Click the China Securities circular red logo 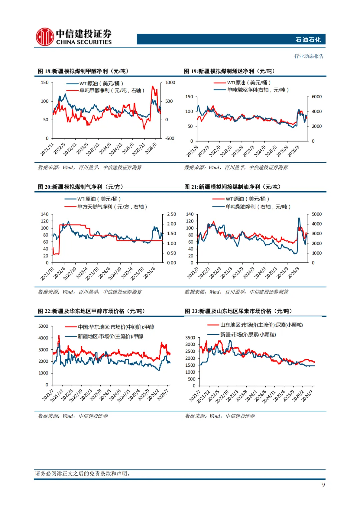[45, 37]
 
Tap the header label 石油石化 [308, 40]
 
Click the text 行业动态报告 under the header [309, 56]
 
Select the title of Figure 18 [83, 71]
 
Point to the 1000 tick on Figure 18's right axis [170, 83]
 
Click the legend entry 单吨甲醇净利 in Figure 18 [112, 91]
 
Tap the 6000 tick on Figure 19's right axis [317, 97]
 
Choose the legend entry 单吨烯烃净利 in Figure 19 [258, 90]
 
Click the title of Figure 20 [81, 187]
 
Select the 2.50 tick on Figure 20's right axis [171, 214]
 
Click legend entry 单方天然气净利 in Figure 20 [112, 207]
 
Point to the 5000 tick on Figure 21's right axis [317, 214]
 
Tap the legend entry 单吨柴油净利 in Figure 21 [258, 207]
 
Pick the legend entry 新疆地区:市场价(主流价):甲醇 [110, 336]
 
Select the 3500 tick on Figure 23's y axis [190, 338]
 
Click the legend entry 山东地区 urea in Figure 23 [261, 325]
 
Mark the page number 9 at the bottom [323, 485]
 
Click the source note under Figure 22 [73, 416]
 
